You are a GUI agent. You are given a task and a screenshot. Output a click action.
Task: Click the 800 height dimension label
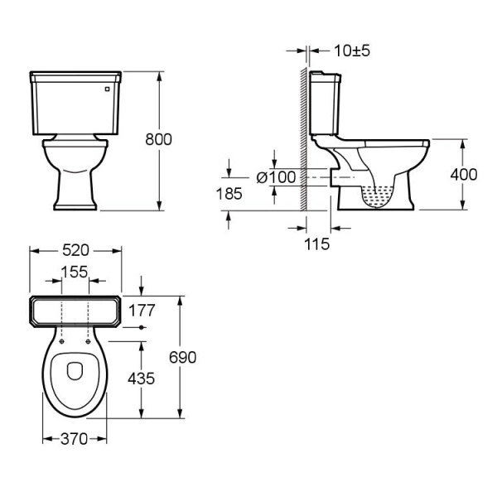[158, 139]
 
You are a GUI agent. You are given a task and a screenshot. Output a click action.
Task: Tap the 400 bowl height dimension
[464, 175]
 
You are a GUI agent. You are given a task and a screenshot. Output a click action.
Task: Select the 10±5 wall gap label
[352, 51]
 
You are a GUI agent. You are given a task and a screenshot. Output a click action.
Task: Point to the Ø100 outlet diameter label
[276, 177]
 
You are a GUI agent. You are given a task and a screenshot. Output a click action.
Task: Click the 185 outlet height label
[229, 194]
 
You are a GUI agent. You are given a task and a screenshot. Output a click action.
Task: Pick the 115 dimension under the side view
[317, 244]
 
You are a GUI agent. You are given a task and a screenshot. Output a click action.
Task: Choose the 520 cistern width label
[75, 250]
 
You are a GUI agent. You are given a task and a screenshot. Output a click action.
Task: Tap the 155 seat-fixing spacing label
[75, 272]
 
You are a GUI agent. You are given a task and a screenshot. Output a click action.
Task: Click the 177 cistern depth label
[142, 311]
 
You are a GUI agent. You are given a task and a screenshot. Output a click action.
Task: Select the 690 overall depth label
[182, 358]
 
